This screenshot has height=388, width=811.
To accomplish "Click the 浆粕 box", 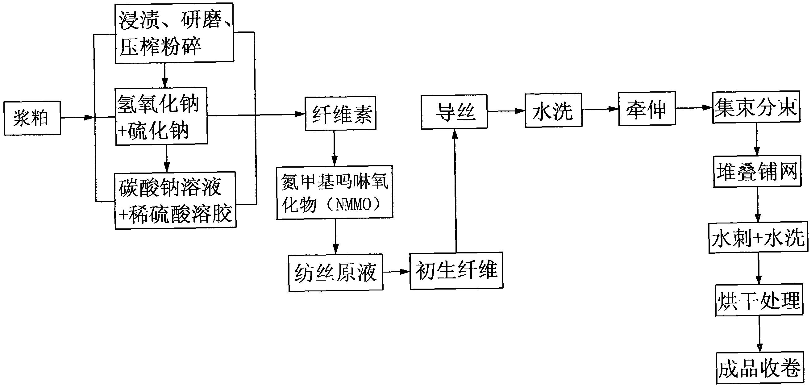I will tap(32, 118).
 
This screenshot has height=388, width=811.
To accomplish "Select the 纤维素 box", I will tap(340, 113).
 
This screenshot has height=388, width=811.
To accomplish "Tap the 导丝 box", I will tap(454, 112).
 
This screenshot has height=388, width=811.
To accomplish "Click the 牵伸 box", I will tap(647, 109).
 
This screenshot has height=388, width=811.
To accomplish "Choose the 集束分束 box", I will tap(756, 108).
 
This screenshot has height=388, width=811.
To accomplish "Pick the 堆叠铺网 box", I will tap(757, 171).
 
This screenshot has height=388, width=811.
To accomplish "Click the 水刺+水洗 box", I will tap(758, 238).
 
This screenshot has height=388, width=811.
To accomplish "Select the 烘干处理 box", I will tap(759, 300).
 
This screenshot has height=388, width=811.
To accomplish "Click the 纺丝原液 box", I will tap(336, 273).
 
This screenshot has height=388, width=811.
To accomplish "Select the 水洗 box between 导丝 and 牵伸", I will tap(553, 110).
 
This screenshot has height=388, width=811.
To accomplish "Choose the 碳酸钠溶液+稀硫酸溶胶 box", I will tap(175, 200).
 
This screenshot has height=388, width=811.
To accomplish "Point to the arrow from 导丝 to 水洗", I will tap(506, 111).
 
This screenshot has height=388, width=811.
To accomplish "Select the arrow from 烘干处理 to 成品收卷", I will tap(759, 335).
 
